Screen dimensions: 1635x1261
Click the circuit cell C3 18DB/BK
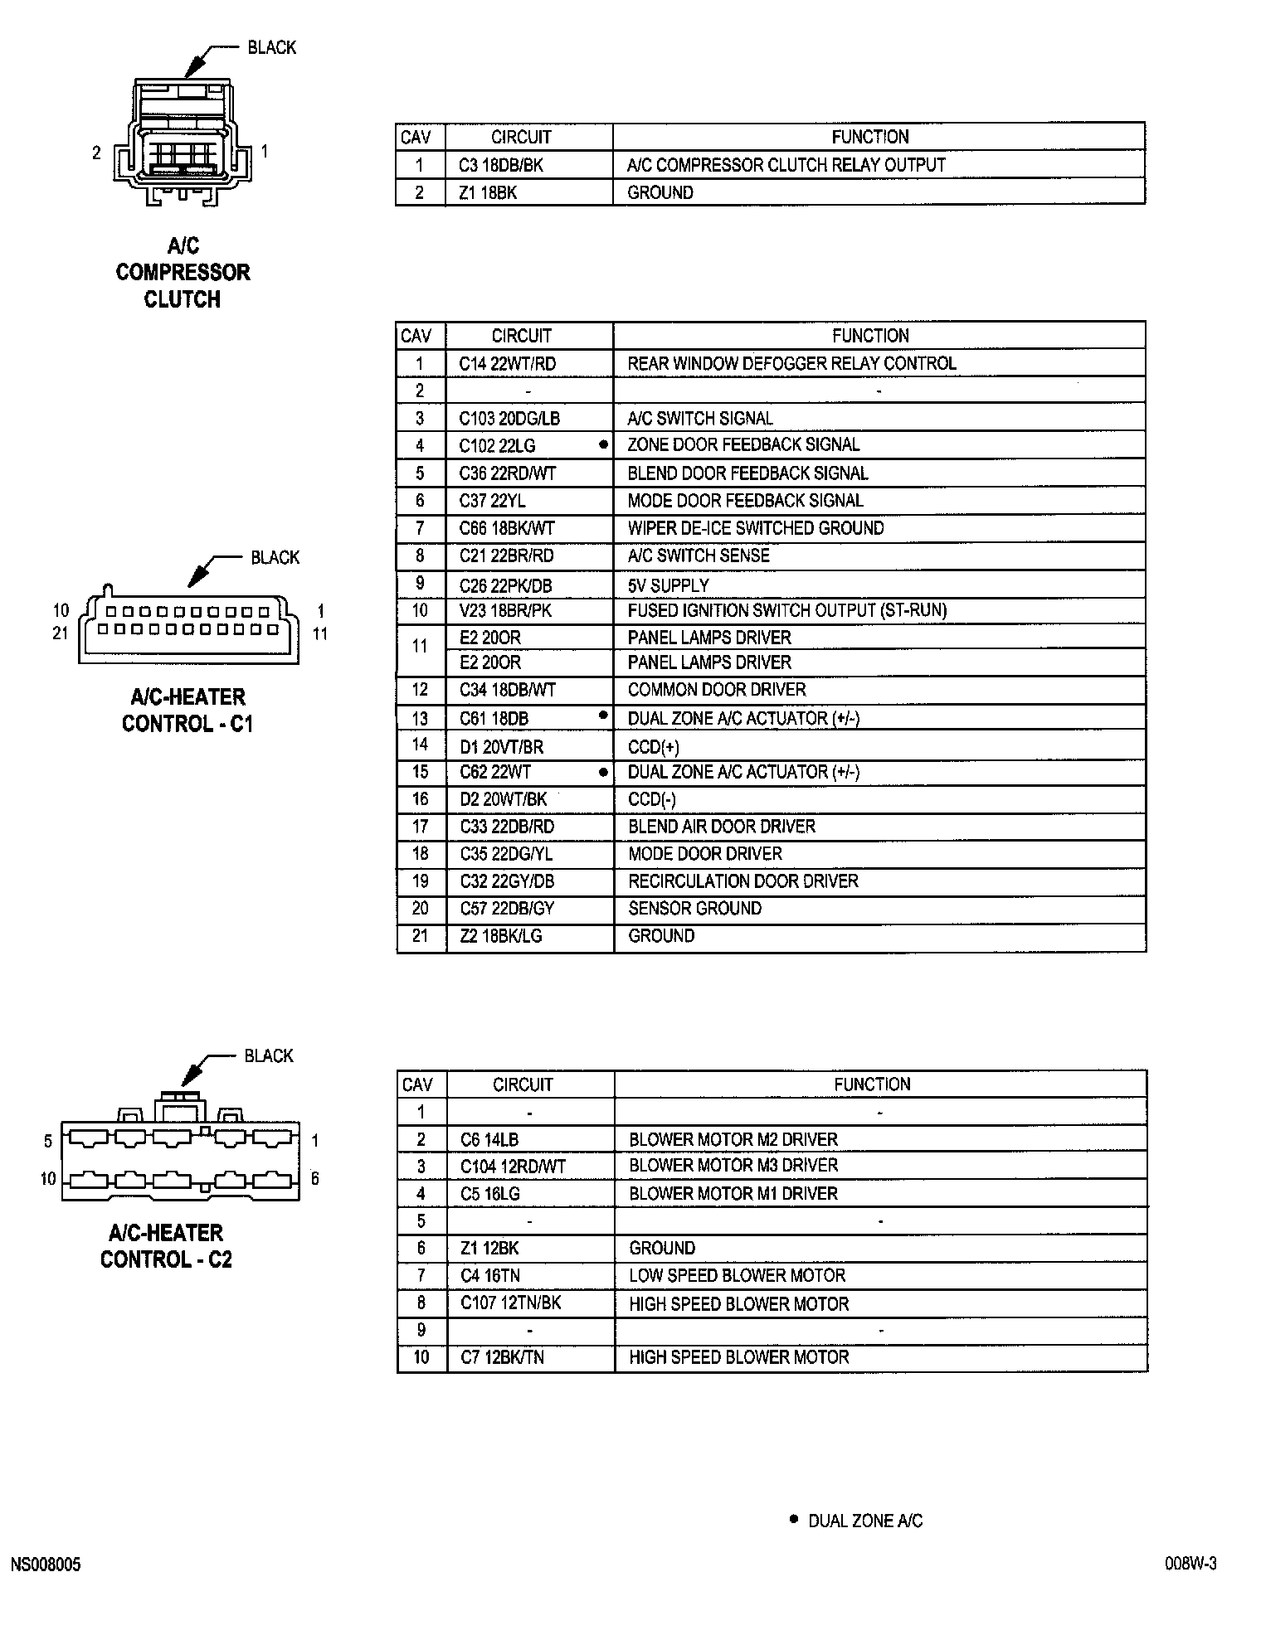(x=501, y=165)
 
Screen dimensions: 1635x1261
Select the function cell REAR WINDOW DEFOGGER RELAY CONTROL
(x=791, y=363)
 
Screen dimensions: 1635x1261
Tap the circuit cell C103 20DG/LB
(x=509, y=419)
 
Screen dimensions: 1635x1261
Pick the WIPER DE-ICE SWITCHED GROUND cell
(x=756, y=528)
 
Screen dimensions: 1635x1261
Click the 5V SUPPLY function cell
(x=668, y=585)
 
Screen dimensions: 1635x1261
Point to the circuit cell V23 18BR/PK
(x=505, y=610)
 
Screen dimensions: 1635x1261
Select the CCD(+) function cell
(x=654, y=746)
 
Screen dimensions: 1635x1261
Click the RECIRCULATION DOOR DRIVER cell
(x=743, y=881)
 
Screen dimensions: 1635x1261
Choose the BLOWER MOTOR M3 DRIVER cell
(x=733, y=1166)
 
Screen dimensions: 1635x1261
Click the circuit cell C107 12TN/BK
(x=511, y=1303)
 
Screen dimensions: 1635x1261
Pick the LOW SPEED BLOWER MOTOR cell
(x=737, y=1275)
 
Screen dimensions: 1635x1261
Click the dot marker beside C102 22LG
(x=603, y=444)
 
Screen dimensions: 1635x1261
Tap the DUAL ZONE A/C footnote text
(x=865, y=1521)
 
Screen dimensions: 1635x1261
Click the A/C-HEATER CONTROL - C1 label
(x=187, y=710)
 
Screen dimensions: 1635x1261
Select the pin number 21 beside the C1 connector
(x=60, y=633)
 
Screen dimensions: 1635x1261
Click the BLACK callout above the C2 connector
(x=269, y=1055)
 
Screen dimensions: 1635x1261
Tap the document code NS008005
(x=46, y=1565)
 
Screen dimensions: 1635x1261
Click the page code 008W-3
(x=1190, y=1564)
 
